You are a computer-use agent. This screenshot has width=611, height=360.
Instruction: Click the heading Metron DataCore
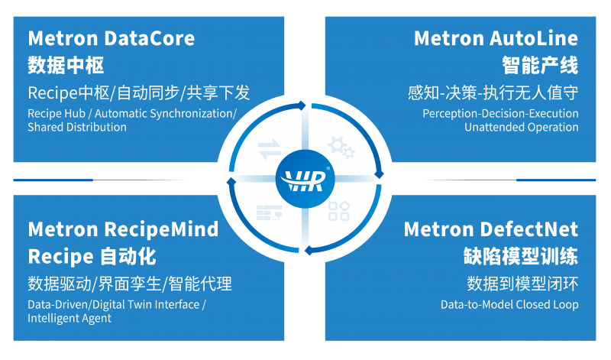click(111, 38)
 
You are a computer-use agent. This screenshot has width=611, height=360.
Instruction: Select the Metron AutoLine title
click(496, 38)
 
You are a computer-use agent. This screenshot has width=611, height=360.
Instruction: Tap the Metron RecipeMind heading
click(123, 229)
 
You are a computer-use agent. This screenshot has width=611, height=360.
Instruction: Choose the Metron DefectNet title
click(491, 229)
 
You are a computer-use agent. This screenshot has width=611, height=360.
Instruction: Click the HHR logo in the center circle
click(305, 180)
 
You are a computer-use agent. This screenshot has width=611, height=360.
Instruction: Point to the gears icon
click(341, 147)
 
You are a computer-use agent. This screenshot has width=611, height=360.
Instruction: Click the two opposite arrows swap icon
click(270, 149)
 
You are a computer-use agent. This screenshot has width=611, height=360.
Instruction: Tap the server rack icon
click(269, 212)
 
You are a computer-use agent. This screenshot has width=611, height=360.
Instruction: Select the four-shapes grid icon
click(338, 212)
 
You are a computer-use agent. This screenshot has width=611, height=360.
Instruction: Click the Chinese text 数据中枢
click(66, 65)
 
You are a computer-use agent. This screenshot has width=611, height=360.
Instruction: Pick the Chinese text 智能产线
click(540, 65)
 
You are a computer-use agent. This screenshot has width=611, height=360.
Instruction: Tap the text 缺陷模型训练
click(521, 257)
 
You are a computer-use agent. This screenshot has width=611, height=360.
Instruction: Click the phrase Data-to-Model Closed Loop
click(509, 305)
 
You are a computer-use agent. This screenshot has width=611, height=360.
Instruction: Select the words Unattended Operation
click(522, 127)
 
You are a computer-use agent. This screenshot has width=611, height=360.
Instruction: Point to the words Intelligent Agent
click(70, 318)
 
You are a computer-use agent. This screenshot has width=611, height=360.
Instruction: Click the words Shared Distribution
click(77, 127)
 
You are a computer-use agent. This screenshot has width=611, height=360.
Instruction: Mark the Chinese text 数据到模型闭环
click(522, 284)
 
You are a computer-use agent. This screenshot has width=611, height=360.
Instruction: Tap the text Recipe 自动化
click(92, 257)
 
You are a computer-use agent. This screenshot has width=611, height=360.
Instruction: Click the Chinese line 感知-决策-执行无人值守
click(493, 92)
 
